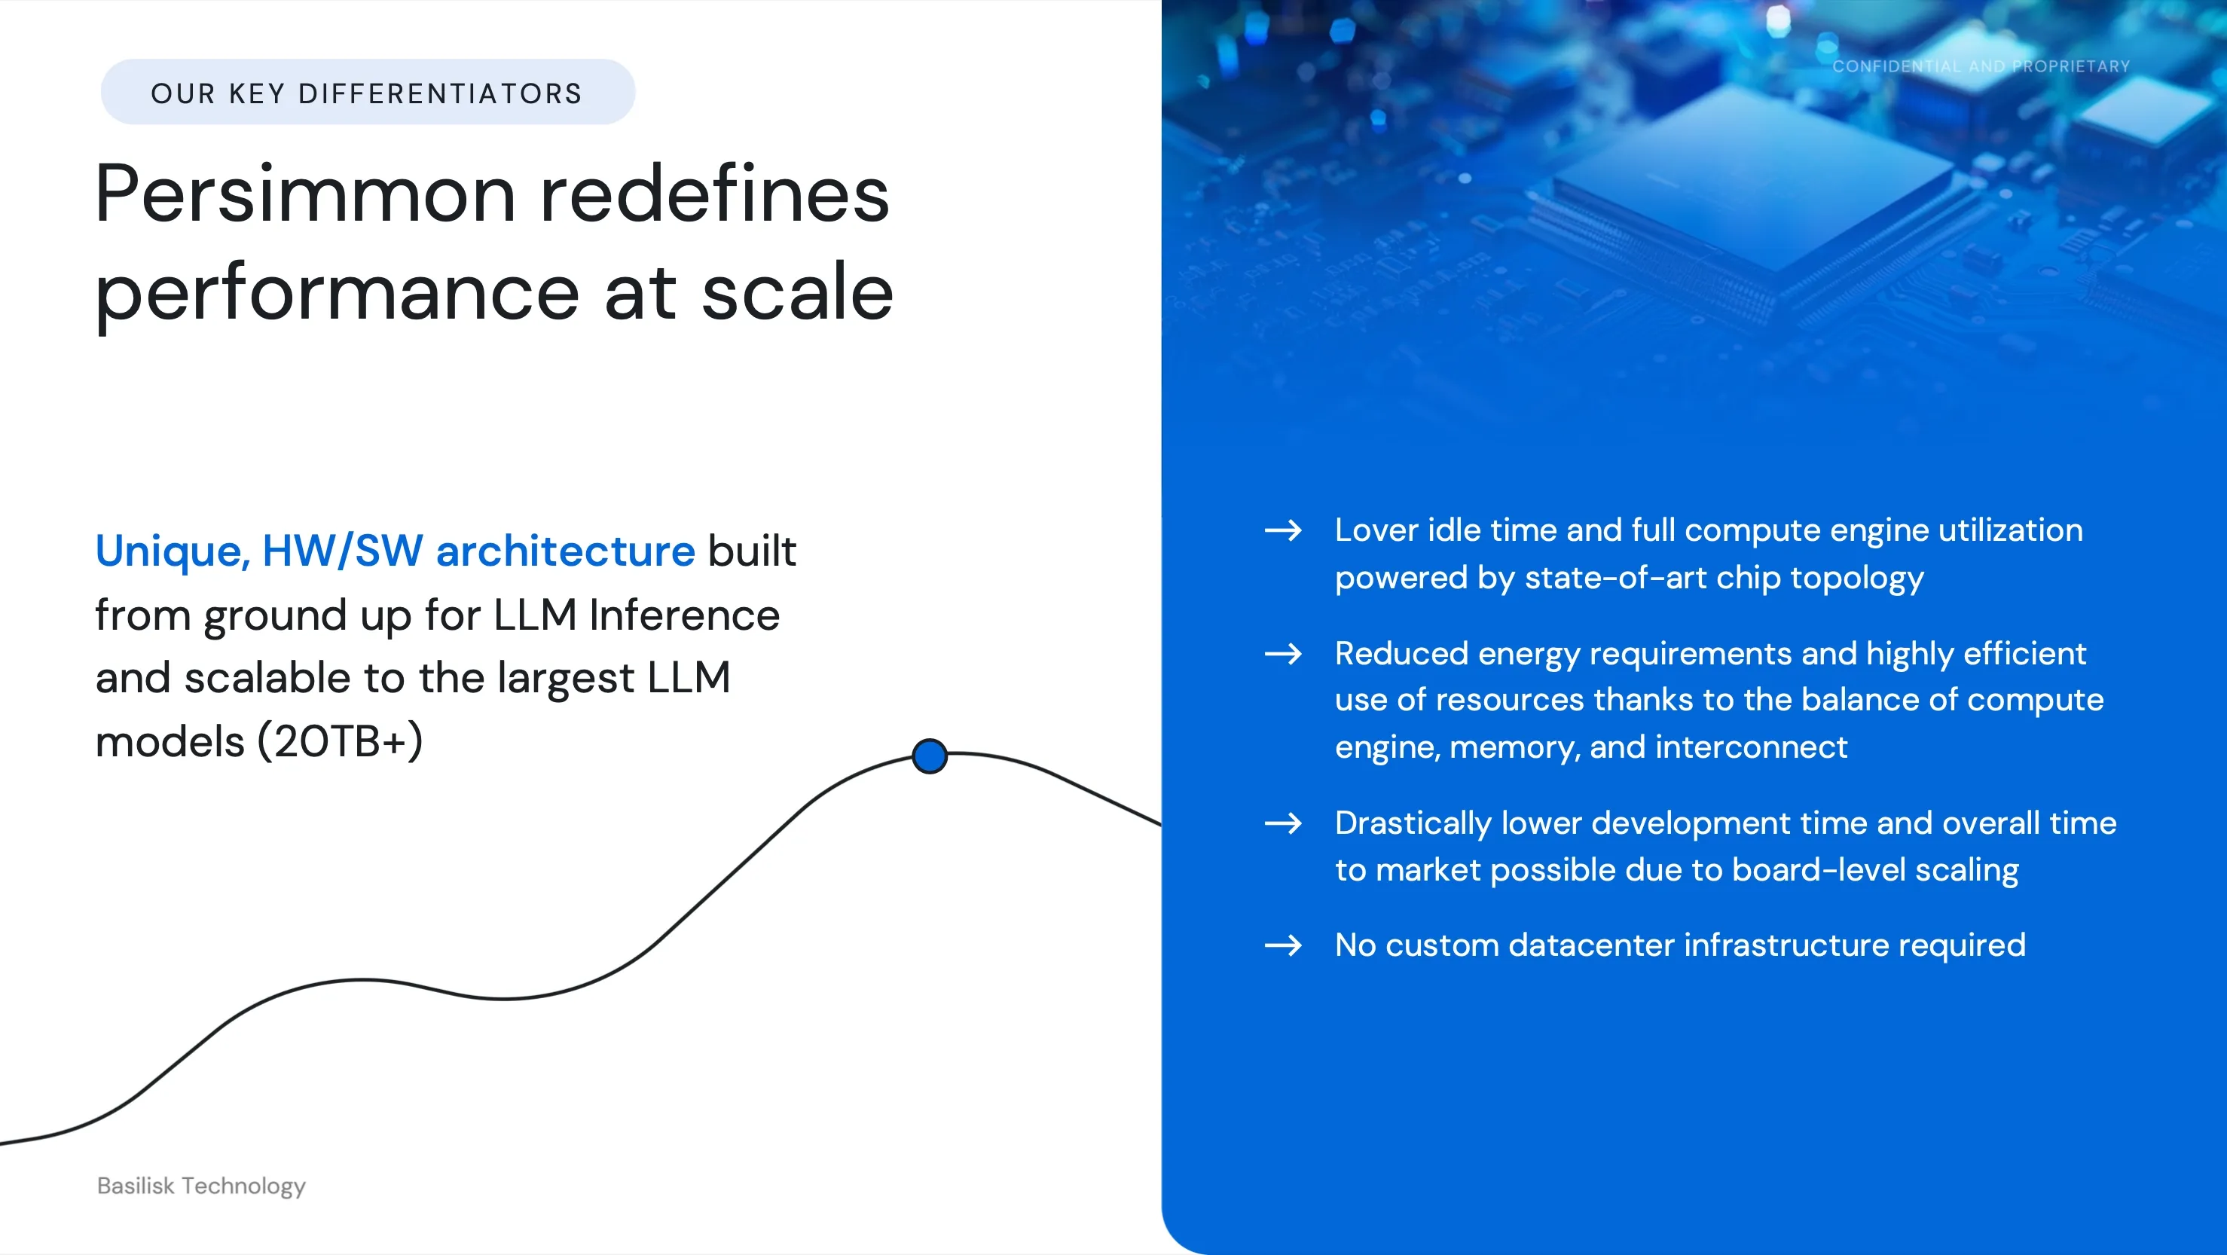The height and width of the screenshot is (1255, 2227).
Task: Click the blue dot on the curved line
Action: click(930, 756)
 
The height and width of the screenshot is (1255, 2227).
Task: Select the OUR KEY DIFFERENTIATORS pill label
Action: click(368, 93)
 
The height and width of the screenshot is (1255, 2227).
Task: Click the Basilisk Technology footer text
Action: click(201, 1186)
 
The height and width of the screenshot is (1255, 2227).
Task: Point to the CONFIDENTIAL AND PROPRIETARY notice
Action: click(1981, 66)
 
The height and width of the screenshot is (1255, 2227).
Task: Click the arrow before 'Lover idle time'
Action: click(1283, 530)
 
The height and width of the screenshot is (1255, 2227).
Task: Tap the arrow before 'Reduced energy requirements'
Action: click(1283, 653)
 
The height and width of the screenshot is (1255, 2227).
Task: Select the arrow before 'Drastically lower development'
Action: click(1283, 823)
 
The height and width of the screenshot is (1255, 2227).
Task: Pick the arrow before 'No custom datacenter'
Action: click(1283, 945)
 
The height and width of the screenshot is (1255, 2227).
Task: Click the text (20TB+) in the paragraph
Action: click(341, 741)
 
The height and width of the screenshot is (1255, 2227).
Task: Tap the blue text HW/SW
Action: click(342, 551)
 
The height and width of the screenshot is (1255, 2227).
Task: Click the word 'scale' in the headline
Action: click(797, 293)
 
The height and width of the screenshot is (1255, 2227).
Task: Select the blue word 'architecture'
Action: click(565, 551)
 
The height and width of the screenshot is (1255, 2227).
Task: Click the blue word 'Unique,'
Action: click(173, 551)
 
